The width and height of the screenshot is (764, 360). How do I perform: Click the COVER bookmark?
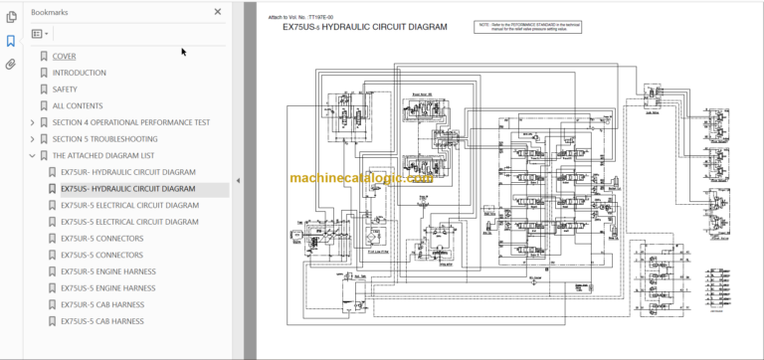pyautogui.click(x=64, y=56)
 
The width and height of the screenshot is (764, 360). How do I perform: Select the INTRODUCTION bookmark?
pyautogui.click(x=79, y=73)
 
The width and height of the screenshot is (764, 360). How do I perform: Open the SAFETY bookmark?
pyautogui.click(x=66, y=90)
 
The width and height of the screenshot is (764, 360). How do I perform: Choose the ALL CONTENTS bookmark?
pyautogui.click(x=77, y=105)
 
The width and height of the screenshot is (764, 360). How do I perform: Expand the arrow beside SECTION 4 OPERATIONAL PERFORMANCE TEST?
pyautogui.click(x=33, y=122)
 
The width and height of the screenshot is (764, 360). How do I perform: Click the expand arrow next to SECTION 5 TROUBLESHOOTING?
pyautogui.click(x=33, y=139)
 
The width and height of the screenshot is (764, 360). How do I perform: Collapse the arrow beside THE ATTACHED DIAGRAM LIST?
pyautogui.click(x=33, y=155)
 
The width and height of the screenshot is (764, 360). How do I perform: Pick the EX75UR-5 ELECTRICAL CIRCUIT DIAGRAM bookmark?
pyautogui.click(x=129, y=205)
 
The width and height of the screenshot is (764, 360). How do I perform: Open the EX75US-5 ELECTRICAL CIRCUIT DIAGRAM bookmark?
pyautogui.click(x=129, y=222)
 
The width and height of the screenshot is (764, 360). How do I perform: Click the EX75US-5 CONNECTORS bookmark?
pyautogui.click(x=101, y=256)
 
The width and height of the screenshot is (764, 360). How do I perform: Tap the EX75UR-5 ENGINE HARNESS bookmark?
pyautogui.click(x=107, y=271)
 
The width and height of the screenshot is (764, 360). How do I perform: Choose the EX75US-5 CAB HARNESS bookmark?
pyautogui.click(x=101, y=321)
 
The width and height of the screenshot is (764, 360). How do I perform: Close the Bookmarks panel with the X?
pyautogui.click(x=218, y=12)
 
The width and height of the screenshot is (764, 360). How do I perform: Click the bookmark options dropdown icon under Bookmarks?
pyautogui.click(x=40, y=33)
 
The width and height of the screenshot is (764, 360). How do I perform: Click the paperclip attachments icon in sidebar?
pyautogui.click(x=11, y=65)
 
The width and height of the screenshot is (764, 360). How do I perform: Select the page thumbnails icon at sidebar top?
pyautogui.click(x=11, y=17)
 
